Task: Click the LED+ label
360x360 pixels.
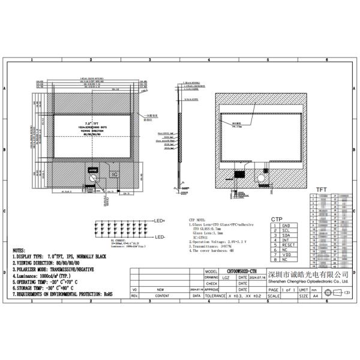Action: [x=160, y=221]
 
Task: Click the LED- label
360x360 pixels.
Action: [x=160, y=238]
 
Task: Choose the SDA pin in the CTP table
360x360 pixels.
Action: [x=285, y=235]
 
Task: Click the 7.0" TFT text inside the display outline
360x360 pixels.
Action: [x=92, y=122]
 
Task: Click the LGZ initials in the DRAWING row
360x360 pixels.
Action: [x=225, y=278]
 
